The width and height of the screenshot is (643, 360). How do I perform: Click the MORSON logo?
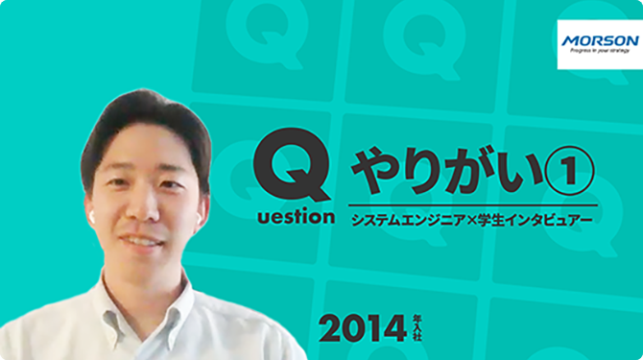600,44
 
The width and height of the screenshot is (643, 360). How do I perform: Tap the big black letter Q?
292,164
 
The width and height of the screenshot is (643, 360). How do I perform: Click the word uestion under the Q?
297,217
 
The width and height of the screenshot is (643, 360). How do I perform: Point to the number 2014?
363,329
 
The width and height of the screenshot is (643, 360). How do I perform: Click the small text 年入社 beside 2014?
417,328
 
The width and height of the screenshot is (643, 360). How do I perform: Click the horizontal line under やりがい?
473,204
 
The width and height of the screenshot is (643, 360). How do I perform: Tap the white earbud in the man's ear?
92,217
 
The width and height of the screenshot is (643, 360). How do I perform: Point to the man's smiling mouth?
141,241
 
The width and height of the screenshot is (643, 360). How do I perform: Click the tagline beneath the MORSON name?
600,51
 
